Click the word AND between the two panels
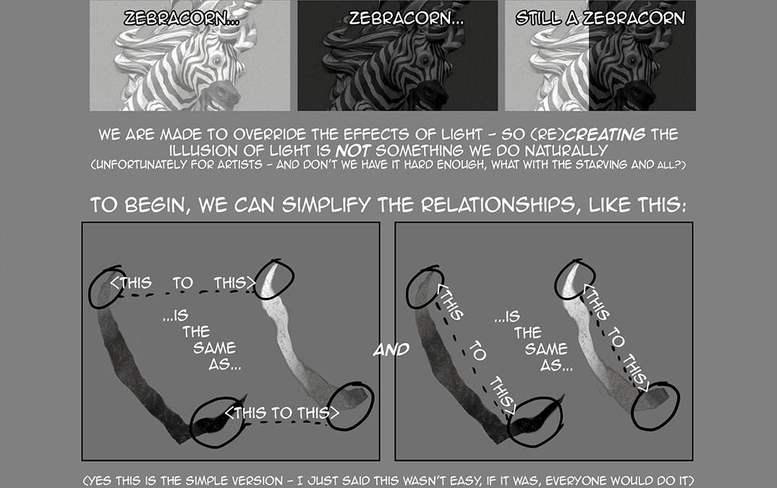391,350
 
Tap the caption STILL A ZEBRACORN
600,18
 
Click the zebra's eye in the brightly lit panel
216,61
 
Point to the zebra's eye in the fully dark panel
425,61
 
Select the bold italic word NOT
353,150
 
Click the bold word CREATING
606,134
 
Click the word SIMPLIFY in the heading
326,205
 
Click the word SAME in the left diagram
215,348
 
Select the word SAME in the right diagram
546,348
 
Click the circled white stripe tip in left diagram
272,278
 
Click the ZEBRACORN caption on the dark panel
407,18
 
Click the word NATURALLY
566,150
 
